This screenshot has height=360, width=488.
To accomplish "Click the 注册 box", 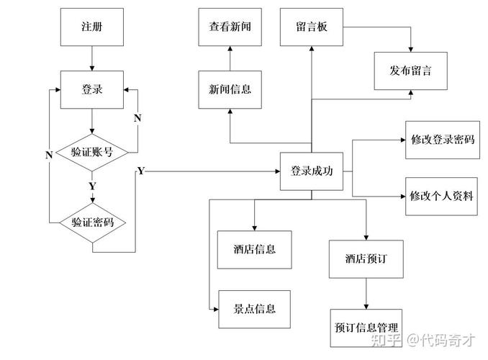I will [x=92, y=27].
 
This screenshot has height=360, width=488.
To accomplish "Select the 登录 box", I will [x=92, y=90].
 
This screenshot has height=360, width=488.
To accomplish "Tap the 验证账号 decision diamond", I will [x=92, y=152].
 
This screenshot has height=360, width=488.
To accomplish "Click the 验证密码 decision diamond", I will [x=92, y=222].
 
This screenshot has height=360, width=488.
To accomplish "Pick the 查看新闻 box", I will [x=230, y=27].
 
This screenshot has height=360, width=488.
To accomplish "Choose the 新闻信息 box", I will [x=230, y=90].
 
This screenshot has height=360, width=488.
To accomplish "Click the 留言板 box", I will [x=311, y=27].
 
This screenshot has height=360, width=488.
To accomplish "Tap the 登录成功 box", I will [x=311, y=172].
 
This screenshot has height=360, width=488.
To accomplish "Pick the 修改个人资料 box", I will [x=441, y=196].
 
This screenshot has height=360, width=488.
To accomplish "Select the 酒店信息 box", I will [x=254, y=250].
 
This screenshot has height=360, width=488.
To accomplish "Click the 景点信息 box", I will [x=254, y=310].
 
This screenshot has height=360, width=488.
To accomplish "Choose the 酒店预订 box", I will [x=366, y=258].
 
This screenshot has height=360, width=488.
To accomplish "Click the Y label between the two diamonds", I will [x=92, y=186].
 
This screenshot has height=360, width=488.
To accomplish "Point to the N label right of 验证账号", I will [x=138, y=117].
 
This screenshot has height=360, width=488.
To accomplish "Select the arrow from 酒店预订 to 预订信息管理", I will [x=366, y=293].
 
